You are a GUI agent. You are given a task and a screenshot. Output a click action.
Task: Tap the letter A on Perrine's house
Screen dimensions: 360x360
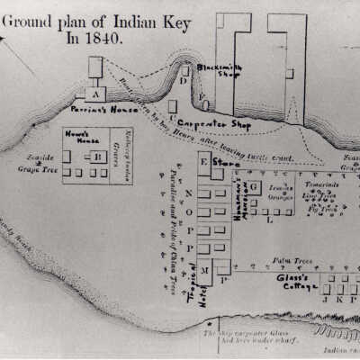click(x=92, y=93)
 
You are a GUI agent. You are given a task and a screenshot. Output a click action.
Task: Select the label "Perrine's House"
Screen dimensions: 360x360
click(x=96, y=108)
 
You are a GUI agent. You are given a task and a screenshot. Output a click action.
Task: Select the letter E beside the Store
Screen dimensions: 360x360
click(x=204, y=162)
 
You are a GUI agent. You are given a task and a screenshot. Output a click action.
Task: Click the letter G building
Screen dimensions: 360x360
click(x=255, y=186)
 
